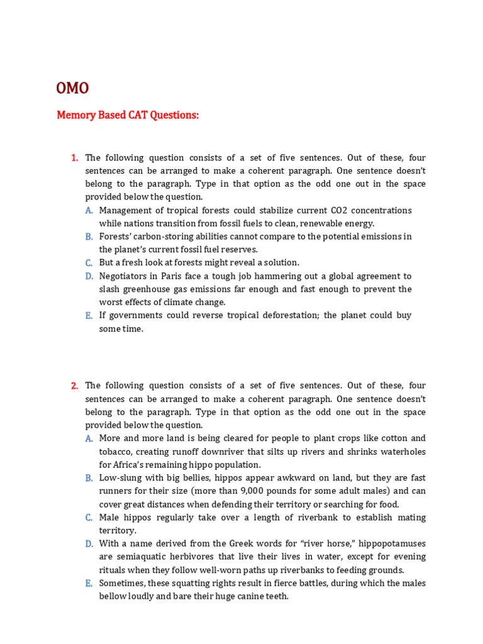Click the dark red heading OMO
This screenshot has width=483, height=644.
(72, 88)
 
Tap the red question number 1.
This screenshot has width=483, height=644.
(74, 158)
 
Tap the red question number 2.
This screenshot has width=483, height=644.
(74, 386)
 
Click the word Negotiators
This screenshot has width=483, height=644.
(125, 276)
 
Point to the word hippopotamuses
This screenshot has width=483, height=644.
(391, 544)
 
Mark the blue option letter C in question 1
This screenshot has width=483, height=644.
(89, 263)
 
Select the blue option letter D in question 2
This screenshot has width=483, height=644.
(89, 544)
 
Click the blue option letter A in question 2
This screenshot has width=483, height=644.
(89, 439)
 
